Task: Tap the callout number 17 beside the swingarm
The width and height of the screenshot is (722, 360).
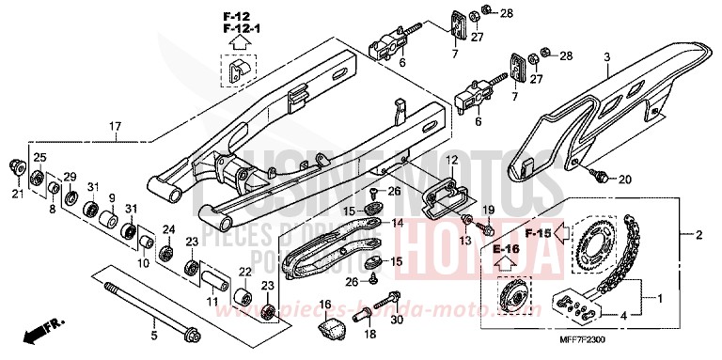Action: pyautogui.click(x=115, y=126)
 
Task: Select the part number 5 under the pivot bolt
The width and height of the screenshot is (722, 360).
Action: pyautogui.click(x=155, y=332)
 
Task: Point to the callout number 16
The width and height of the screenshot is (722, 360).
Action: pyautogui.click(x=325, y=305)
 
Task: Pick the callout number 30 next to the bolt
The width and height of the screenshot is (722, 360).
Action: pyautogui.click(x=397, y=319)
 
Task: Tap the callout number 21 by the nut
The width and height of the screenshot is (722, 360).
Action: pyautogui.click(x=16, y=194)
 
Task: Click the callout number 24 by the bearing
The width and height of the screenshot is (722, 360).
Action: pyautogui.click(x=170, y=228)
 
